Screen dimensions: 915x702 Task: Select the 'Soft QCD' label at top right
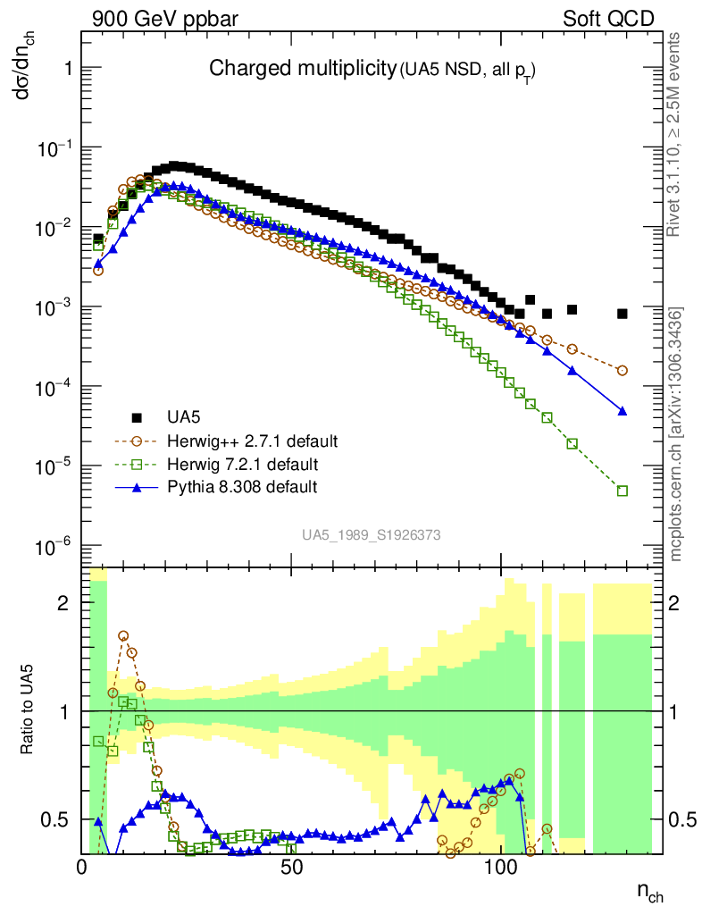(608, 19)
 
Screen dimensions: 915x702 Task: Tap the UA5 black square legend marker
(137, 417)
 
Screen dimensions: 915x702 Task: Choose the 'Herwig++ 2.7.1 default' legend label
(252, 441)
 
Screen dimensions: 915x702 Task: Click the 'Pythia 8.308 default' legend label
(241, 487)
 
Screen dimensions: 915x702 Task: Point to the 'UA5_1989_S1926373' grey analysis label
(372, 535)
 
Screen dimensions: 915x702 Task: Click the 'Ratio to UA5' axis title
(29, 711)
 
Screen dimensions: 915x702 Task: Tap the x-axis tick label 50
(291, 866)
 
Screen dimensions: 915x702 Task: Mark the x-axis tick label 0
(82, 866)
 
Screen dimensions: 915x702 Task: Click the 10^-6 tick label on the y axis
(54, 546)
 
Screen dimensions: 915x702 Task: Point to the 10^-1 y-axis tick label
(54, 148)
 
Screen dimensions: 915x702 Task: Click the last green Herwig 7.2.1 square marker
(623, 491)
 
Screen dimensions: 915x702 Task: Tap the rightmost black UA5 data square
(623, 314)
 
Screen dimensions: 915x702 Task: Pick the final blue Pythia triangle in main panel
(623, 411)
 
